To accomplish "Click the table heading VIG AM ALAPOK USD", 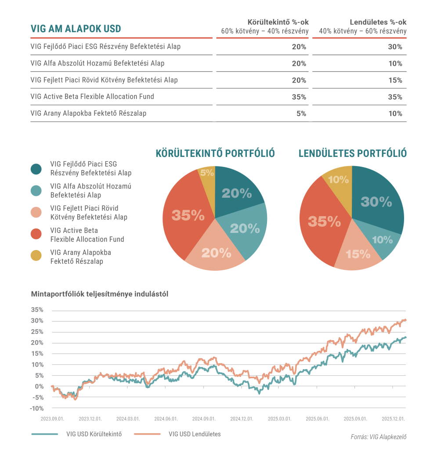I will coord(76,29).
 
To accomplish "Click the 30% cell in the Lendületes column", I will coord(395,47).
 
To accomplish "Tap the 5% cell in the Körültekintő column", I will coord(301,113).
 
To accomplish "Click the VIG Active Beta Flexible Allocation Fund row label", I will coord(92,97).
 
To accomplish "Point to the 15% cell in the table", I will coord(395,80).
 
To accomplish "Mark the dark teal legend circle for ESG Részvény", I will coord(36,169).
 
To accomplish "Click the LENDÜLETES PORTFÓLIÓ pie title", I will coord(353,153).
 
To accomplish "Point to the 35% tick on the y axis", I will coord(37,309).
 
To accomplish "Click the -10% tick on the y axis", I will coord(37,408).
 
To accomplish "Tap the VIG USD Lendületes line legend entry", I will coord(194,434).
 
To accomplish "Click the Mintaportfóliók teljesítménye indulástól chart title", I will coord(100,294).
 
